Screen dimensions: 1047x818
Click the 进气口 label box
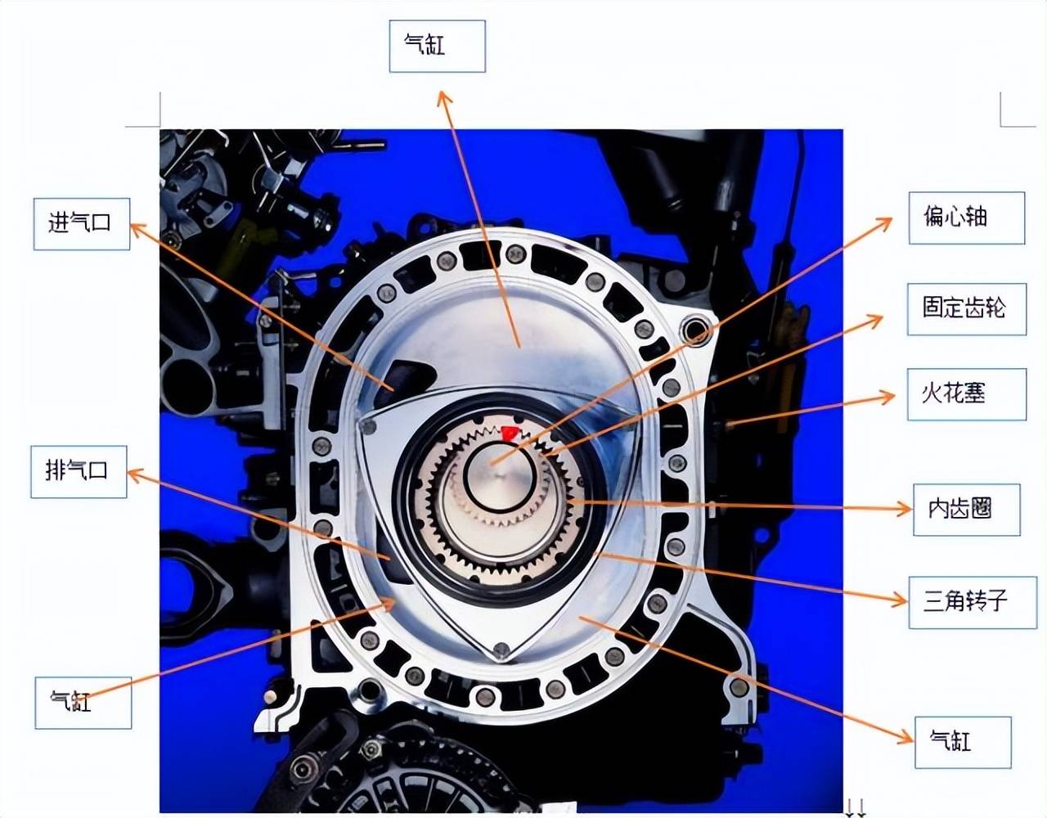point(82,223)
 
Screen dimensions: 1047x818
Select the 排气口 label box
point(79,471)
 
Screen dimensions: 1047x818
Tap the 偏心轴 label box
point(967,218)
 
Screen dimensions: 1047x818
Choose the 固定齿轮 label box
point(967,309)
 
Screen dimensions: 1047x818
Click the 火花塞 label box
point(967,394)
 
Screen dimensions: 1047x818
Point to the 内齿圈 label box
point(967,510)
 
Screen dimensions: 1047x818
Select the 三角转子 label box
point(973,602)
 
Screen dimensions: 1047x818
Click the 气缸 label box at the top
point(437,47)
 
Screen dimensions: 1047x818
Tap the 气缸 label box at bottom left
point(83,703)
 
